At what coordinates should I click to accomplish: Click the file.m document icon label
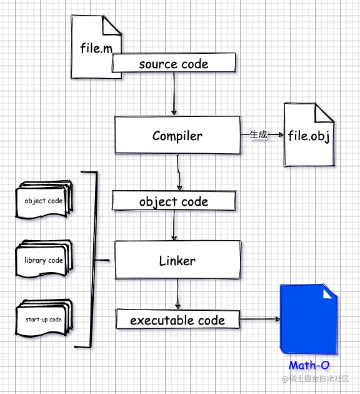coord(96,48)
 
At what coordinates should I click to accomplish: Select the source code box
coord(174,63)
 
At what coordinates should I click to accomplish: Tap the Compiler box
coord(177,135)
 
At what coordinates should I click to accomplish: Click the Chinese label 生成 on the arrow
coord(258,134)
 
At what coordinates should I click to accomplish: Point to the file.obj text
coord(309,136)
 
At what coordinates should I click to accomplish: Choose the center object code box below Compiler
coord(174,201)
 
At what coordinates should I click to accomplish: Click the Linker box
coord(177,260)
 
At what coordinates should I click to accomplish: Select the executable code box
coord(177,319)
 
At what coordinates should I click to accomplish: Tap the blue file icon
coord(309,319)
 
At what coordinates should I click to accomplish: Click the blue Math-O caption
coord(309,365)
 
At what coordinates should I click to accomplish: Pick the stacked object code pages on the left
coord(44,200)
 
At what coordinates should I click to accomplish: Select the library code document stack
coord(44,259)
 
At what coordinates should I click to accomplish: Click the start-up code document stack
coord(44,318)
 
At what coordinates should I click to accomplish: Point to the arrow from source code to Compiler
coord(174,94)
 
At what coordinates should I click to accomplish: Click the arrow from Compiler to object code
coord(179,172)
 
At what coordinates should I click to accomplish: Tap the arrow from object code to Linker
coord(174,225)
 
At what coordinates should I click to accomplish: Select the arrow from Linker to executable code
coord(177,294)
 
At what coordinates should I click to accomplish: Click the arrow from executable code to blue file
coord(260,319)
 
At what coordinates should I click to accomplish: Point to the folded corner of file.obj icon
coord(324,113)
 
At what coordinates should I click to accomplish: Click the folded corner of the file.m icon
coord(111,25)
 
